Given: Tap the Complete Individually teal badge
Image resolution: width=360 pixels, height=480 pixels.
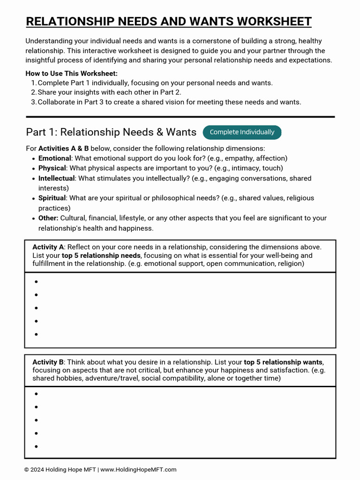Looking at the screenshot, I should click(242, 132).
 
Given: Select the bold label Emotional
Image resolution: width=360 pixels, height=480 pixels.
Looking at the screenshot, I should click(54, 158).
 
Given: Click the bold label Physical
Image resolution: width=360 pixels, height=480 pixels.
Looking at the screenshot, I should click(52, 168).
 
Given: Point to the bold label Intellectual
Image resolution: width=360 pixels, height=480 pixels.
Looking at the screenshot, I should click(56, 179).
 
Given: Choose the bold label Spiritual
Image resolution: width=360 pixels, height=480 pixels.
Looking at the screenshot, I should click(52, 198).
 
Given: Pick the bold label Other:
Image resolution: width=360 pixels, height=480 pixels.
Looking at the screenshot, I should click(48, 218).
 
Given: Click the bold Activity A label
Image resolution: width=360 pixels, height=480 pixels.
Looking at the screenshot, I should click(48, 247).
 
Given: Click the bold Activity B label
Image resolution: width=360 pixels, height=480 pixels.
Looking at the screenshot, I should click(48, 362).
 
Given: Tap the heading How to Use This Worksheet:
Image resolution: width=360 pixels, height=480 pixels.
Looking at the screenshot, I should click(71, 74).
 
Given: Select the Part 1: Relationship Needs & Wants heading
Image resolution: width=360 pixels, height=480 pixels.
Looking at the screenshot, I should click(111, 132).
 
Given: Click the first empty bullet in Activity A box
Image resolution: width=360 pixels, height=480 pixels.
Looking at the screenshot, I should click(36, 282).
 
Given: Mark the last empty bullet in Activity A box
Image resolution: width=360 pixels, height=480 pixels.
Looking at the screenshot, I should click(36, 334).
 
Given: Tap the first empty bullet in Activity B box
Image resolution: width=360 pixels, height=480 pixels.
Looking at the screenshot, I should click(36, 394).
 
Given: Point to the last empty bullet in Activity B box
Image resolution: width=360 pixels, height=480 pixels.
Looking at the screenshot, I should click(36, 446).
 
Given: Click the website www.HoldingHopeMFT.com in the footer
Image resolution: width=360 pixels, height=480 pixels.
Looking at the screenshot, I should click(138, 470).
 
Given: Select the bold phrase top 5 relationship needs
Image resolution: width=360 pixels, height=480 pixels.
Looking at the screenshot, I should click(101, 255).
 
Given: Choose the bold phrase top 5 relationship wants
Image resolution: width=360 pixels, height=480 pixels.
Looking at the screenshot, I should click(283, 362).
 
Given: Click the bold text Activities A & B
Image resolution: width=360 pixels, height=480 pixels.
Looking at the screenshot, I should click(64, 149).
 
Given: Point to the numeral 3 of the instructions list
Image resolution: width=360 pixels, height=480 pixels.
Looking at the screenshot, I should click(33, 102).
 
